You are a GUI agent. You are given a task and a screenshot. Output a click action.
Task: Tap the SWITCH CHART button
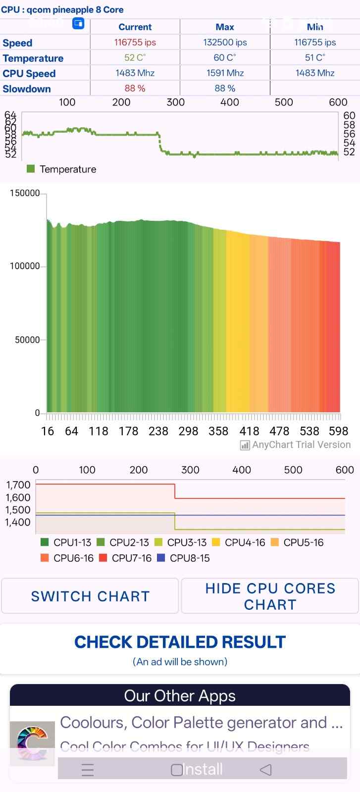(x=90, y=596)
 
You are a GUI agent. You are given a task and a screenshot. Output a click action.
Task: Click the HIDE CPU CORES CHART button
(x=270, y=596)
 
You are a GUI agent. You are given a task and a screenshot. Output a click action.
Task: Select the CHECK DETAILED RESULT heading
(x=180, y=642)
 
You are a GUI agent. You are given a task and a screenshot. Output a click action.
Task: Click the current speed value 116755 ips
(x=135, y=43)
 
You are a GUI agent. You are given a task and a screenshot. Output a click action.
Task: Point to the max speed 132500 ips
(x=225, y=43)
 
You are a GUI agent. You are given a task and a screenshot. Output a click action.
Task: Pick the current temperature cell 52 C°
(x=135, y=58)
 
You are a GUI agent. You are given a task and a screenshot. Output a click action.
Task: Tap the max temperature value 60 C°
(x=225, y=58)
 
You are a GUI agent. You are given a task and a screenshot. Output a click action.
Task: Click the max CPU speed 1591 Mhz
(x=225, y=73)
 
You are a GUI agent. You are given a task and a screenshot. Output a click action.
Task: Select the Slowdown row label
(x=27, y=89)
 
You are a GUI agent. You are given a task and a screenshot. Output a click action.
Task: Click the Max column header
(x=225, y=27)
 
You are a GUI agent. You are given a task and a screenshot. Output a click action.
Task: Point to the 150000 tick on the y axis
(x=25, y=193)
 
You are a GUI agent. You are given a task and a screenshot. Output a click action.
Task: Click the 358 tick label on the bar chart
(x=218, y=431)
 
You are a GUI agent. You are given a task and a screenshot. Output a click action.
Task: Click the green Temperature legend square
(x=31, y=169)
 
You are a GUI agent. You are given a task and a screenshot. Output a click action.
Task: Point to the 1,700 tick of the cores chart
(x=18, y=485)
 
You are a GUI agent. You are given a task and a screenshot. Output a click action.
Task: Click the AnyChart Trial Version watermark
(x=296, y=445)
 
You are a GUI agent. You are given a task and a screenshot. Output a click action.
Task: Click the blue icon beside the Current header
(x=78, y=23)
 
